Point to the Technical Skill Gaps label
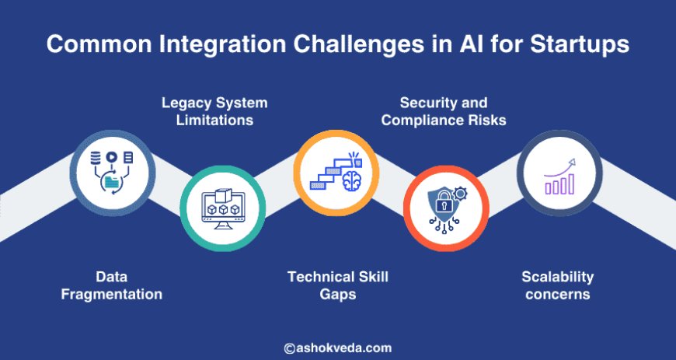[337, 285]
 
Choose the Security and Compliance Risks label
[444, 110]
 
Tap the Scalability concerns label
[557, 285]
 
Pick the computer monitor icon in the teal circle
[223, 210]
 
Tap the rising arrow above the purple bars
[563, 166]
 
